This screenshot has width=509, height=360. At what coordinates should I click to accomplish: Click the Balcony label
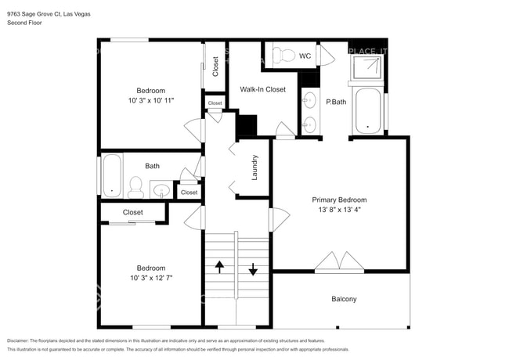344,299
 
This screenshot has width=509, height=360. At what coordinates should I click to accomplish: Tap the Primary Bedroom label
340,200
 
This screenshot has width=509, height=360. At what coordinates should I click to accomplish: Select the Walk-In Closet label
262,89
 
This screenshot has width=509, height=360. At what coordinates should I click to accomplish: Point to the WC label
305,56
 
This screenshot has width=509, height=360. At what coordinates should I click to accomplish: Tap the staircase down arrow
254,268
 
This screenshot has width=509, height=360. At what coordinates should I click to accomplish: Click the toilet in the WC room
283,55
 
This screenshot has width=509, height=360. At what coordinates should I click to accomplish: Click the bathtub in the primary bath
367,112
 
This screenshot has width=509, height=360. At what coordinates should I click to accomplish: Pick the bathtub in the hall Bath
113,175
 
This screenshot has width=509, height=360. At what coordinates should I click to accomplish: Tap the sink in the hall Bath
162,189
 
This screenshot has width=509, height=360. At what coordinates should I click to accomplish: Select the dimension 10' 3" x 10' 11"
150,100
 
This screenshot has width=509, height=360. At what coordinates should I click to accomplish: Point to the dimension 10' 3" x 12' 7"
150,277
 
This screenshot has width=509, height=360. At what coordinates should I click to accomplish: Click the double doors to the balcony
340,261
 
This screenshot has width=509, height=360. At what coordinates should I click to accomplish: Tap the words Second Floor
24,23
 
